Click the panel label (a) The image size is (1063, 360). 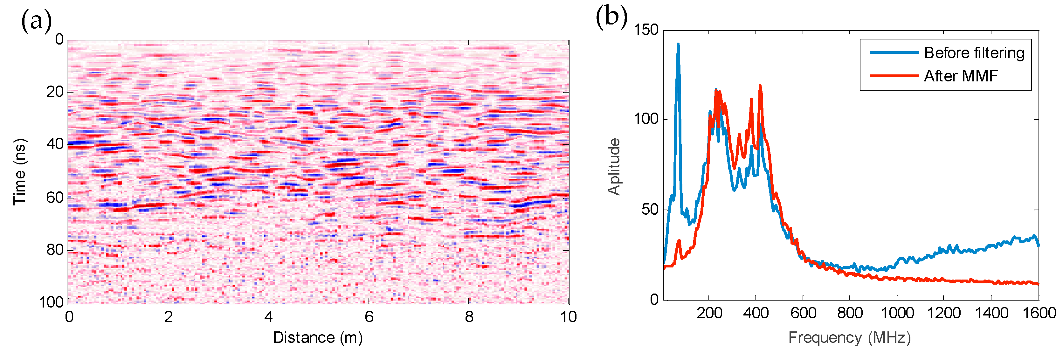click(36, 22)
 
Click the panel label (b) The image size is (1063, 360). click(611, 17)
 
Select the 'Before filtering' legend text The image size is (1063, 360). click(974, 53)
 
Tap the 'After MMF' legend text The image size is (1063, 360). click(961, 76)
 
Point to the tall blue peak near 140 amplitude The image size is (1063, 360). click(678, 45)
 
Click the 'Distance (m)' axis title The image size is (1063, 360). click(318, 338)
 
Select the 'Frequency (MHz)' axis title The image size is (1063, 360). click(849, 338)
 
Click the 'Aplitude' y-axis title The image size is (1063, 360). click(614, 166)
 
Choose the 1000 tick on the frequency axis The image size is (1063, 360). click(897, 313)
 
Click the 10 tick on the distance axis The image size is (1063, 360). click(568, 317)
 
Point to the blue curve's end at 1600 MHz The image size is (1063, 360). click(1038, 245)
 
